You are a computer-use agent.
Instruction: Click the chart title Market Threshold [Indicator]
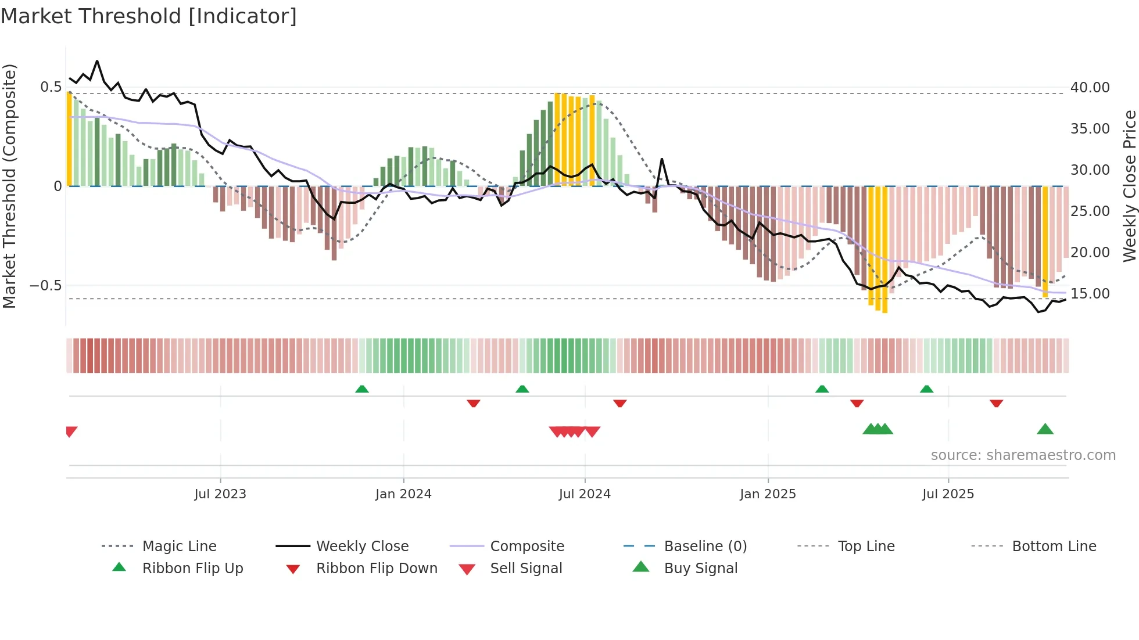[149, 16]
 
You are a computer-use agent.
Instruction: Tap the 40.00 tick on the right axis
[1090, 88]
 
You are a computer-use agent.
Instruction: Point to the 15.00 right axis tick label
[1090, 294]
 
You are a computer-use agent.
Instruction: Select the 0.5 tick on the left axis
[51, 87]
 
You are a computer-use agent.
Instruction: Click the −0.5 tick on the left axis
[45, 286]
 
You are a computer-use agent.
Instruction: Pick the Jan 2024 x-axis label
[403, 494]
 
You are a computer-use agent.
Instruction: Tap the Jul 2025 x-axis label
[948, 494]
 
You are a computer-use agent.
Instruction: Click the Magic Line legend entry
[179, 546]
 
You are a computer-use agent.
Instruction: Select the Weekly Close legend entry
[362, 546]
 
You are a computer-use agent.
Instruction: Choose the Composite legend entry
[526, 546]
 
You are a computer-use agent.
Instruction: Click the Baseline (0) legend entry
[705, 546]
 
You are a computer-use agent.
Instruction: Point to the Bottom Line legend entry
[1054, 546]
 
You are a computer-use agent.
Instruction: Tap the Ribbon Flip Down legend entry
[377, 569]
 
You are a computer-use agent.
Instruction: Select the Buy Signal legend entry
[700, 569]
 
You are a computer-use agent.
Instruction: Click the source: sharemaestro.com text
[1023, 455]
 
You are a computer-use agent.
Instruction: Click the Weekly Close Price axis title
[1129, 186]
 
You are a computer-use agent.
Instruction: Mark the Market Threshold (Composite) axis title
[9, 186]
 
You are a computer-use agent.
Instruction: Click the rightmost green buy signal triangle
[1045, 430]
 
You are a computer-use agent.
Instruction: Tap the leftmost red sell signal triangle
[71, 432]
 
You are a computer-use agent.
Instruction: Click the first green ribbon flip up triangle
[362, 389]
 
